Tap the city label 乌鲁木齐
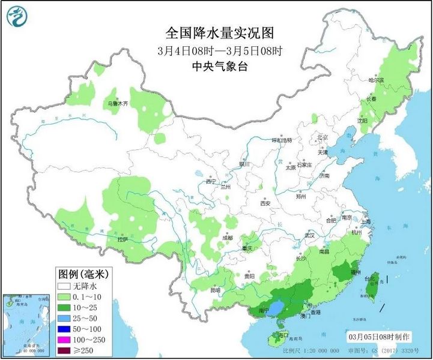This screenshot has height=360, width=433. (118, 103)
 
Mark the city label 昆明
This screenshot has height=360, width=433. (215, 290)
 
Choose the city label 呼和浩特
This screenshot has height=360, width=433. (281, 140)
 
